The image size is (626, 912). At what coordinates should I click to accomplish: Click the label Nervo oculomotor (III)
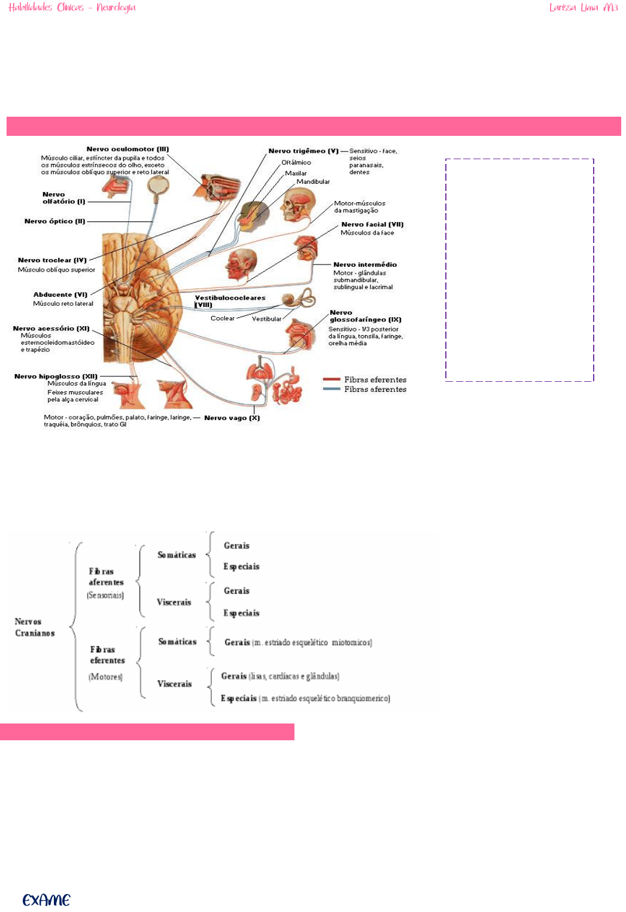click(127, 149)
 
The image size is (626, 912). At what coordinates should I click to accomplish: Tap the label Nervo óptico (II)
click(54, 221)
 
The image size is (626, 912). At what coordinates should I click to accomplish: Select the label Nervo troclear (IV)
click(52, 260)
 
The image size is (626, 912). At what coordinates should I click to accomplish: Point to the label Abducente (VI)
click(60, 294)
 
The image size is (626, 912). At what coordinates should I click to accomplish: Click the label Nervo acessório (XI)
click(51, 329)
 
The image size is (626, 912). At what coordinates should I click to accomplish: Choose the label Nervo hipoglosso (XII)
click(56, 376)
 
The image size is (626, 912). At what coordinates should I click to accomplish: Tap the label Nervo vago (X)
click(232, 418)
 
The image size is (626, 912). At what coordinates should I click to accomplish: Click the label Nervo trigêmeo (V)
click(303, 151)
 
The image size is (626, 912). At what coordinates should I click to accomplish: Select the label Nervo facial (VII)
click(372, 224)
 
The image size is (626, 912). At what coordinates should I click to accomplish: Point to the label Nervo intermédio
click(365, 265)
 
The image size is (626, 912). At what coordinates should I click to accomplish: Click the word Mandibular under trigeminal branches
click(313, 182)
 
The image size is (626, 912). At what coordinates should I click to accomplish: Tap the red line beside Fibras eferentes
click(332, 379)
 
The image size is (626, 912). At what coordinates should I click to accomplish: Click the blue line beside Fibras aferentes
click(332, 389)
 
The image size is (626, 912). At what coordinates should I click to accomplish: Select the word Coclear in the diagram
click(223, 318)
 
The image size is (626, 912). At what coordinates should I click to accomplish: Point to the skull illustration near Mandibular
click(297, 204)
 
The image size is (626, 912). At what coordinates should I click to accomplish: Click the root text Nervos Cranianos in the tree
click(35, 627)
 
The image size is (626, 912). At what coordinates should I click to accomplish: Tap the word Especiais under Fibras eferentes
click(239, 698)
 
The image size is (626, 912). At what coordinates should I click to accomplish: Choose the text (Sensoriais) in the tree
click(105, 595)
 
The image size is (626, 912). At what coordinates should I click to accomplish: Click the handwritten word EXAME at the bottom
click(47, 900)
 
